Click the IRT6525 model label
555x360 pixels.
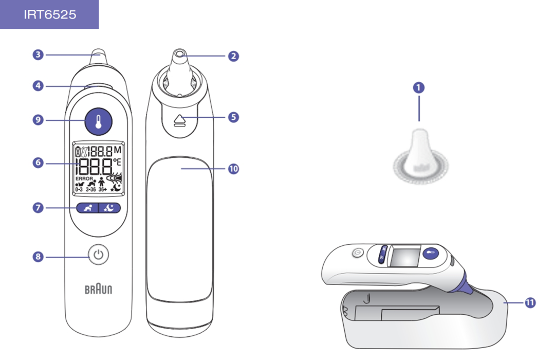tap(49, 14)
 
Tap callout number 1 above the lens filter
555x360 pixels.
tap(419, 87)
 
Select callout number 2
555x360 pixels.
tap(234, 56)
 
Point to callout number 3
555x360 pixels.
tap(38, 55)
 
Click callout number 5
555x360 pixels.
tap(234, 117)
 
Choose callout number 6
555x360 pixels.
tap(38, 163)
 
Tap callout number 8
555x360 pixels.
tap(38, 256)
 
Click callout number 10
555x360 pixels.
tap(234, 169)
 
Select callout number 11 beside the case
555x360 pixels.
tap(530, 303)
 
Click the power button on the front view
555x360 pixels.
tap(99, 255)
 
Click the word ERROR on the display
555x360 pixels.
tap(84, 178)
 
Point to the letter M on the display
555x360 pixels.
tap(118, 150)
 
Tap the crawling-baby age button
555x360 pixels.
tap(87, 208)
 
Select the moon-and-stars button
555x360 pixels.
tap(109, 208)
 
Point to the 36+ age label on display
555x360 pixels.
tap(102, 189)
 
